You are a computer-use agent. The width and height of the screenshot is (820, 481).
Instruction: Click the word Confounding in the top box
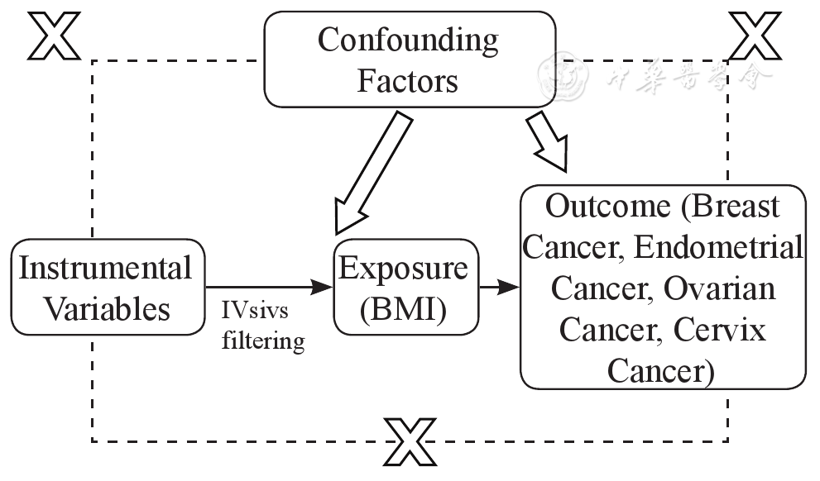[408, 40]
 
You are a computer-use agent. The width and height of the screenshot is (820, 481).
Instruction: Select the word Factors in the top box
[408, 81]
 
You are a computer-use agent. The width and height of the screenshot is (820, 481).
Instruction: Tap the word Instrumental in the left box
[104, 268]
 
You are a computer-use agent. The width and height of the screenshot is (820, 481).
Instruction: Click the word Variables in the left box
[106, 308]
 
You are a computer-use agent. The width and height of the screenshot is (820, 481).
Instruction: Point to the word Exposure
[405, 269]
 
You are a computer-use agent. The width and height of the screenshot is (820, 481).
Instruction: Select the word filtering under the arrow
[263, 340]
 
